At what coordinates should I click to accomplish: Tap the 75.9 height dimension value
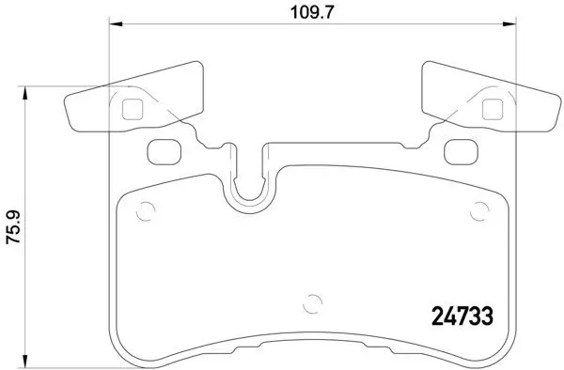point(12,227)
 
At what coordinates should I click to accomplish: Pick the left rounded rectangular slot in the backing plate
point(164,149)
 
